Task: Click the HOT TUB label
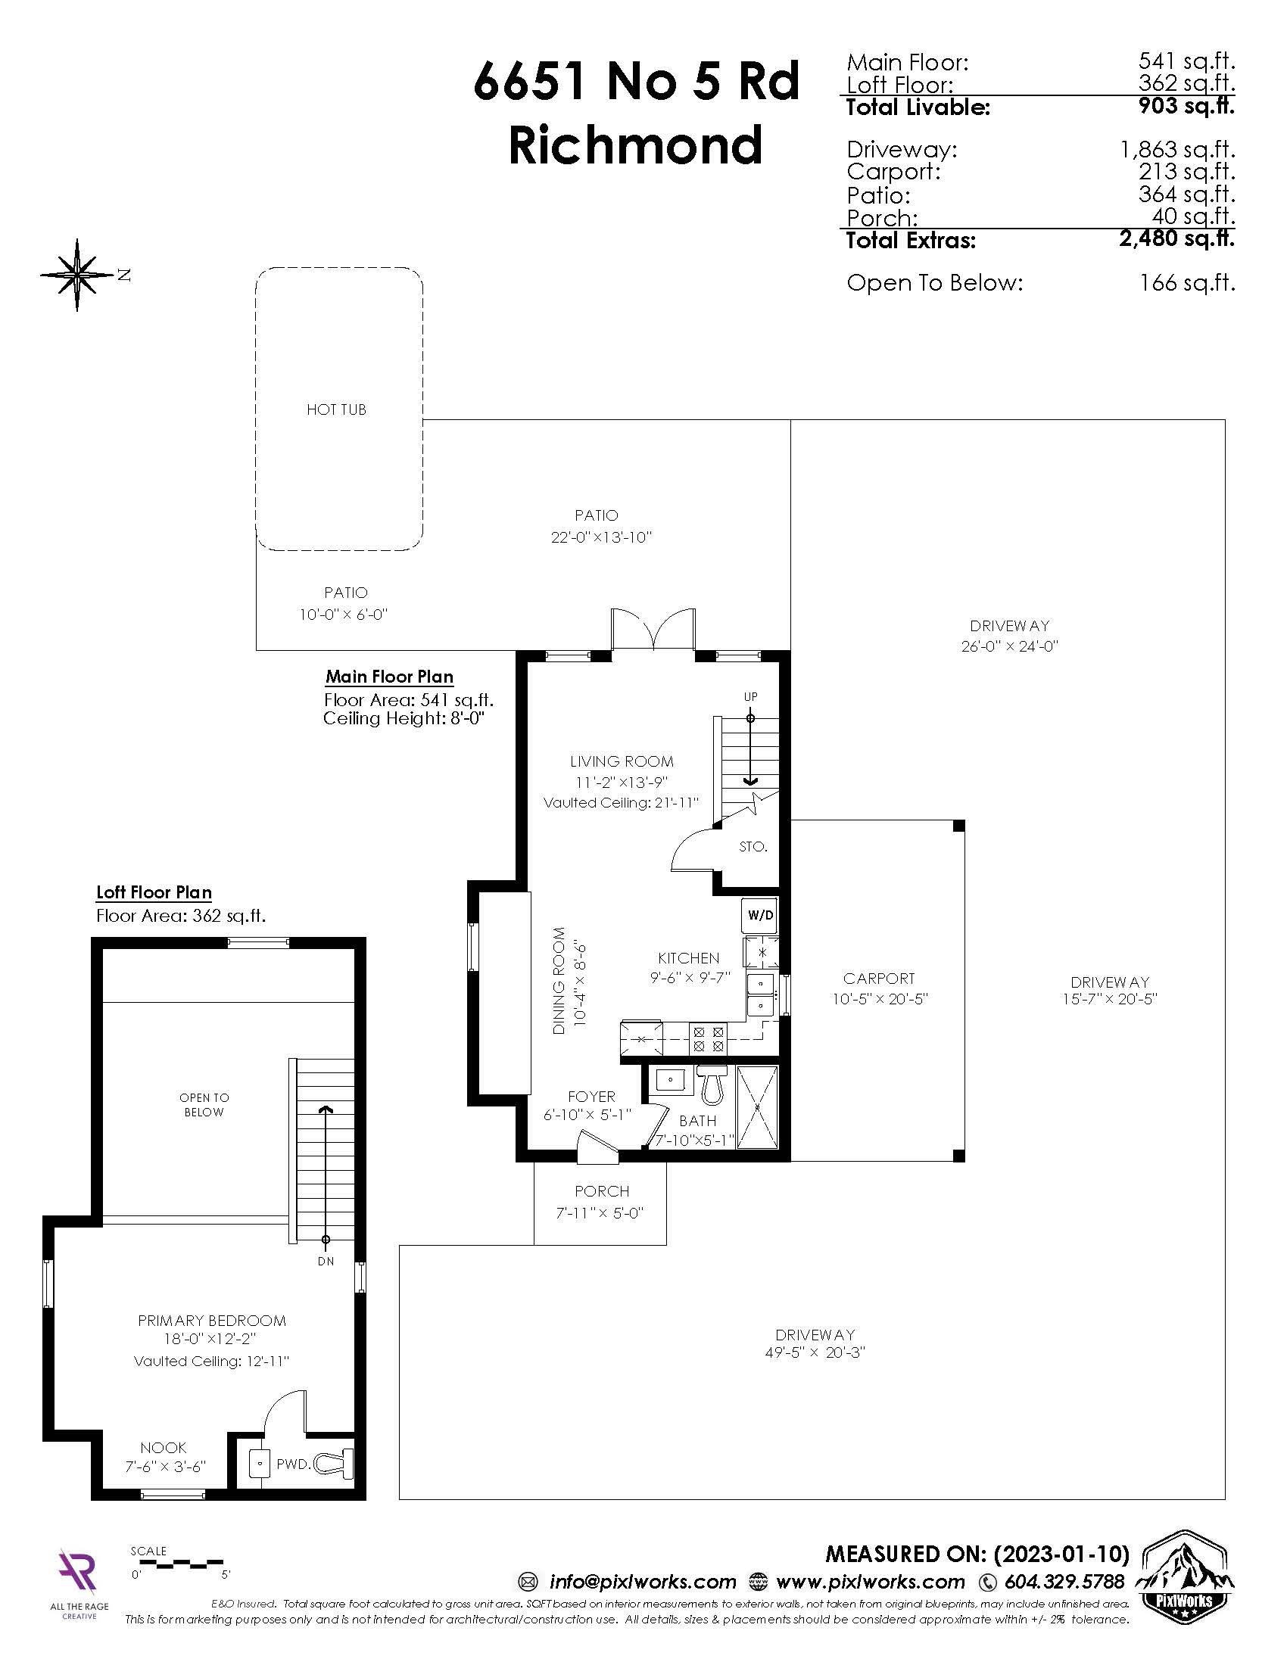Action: (336, 409)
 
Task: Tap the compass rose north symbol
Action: (77, 275)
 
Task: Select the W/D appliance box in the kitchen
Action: (760, 917)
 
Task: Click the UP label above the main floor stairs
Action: (751, 697)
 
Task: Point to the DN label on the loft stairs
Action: (326, 1261)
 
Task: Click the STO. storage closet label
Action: (753, 846)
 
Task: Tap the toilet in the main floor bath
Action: (712, 1085)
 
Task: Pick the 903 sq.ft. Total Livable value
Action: (1186, 106)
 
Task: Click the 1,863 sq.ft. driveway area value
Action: (1177, 149)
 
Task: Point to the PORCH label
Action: (602, 1190)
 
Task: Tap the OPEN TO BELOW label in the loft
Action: (204, 1105)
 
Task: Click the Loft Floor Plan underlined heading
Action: (154, 892)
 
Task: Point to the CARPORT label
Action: (878, 978)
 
